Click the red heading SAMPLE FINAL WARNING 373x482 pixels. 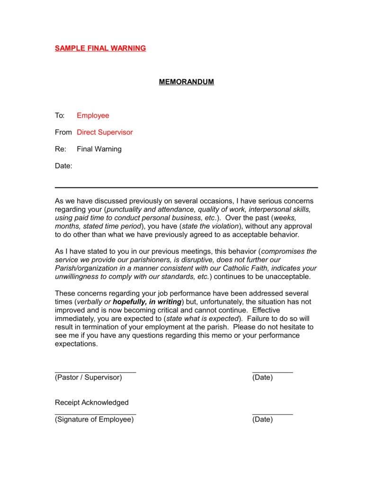point(100,48)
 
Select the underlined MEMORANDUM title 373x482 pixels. point(186,82)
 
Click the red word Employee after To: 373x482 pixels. point(93,115)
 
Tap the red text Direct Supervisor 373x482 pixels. point(105,132)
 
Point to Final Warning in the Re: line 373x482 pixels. point(99,149)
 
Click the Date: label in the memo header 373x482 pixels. point(63,166)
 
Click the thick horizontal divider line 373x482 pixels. point(186,188)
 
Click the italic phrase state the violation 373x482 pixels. point(210,226)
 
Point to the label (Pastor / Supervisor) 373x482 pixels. point(88,377)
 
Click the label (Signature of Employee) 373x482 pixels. point(94,419)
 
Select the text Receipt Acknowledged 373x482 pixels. point(92,402)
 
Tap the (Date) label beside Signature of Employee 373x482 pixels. point(262,419)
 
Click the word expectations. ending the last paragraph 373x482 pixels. point(76,344)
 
